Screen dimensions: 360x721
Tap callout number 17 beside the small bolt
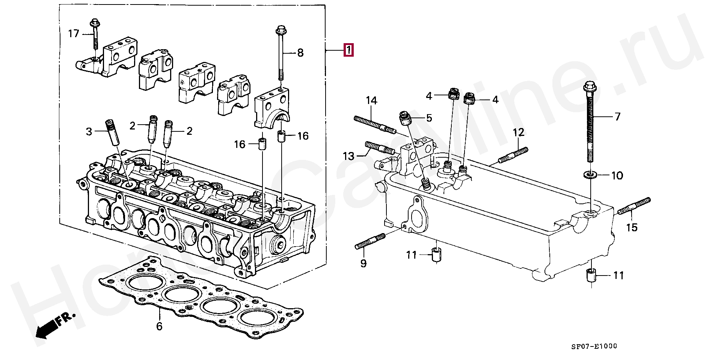(74, 34)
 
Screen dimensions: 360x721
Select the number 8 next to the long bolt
(300, 53)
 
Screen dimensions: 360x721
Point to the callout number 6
(159, 326)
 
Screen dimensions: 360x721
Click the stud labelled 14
(374, 124)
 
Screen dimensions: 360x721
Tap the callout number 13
(348, 155)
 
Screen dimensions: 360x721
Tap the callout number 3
(89, 131)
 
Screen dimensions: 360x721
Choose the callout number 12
(519, 133)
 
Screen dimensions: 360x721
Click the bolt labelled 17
(94, 36)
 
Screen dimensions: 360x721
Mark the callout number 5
(429, 118)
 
